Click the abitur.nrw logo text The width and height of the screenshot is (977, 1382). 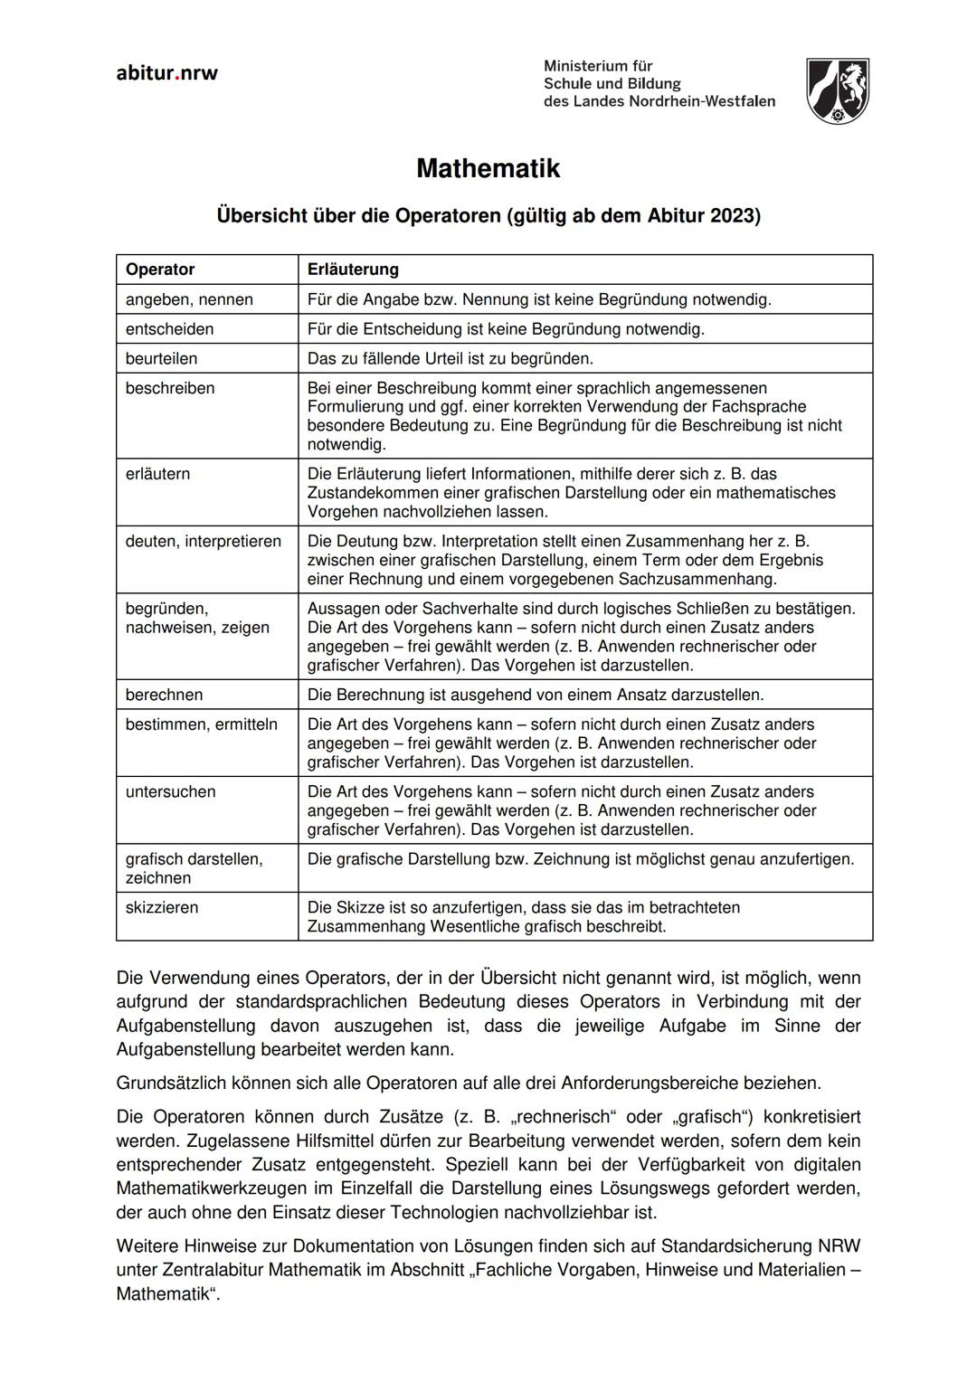pos(167,73)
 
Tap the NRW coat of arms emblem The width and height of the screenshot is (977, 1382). pos(837,90)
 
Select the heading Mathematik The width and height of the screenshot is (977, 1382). pos(488,169)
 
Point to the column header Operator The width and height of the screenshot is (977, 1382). pos(160,270)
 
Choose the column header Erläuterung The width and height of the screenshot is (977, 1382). pos(353,270)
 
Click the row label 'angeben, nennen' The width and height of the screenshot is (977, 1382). pos(189,299)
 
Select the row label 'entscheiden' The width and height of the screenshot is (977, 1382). pos(169,329)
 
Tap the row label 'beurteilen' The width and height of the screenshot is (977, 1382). pos(161,359)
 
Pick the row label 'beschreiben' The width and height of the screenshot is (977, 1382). pos(170,389)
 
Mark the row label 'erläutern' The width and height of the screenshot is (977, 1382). pos(157,474)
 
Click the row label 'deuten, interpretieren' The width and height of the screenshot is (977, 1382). pos(204,542)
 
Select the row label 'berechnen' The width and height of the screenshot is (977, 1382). pos(164,696)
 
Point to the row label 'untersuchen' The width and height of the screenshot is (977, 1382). pos(170,792)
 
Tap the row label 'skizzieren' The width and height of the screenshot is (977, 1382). pos(162,908)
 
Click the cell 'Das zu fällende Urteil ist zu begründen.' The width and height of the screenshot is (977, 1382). pos(451,359)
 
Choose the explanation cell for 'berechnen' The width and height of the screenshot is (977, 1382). pos(536,696)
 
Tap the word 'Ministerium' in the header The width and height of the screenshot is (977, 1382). pos(598,66)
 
